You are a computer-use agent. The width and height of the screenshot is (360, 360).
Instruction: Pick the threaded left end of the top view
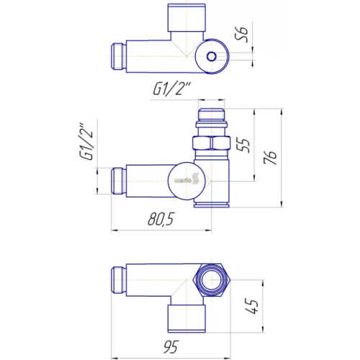(x=118, y=56)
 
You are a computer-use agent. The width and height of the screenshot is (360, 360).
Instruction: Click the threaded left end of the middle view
(x=118, y=181)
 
